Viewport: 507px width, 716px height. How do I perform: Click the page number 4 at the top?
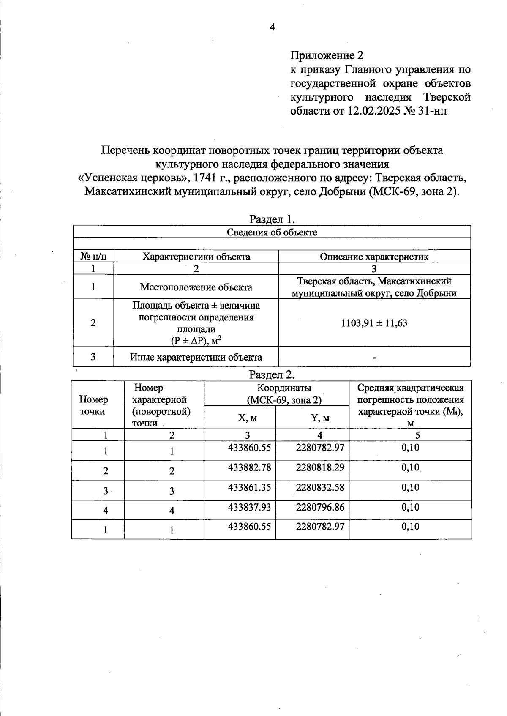[272, 27]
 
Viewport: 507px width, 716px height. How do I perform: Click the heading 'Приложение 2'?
[327, 55]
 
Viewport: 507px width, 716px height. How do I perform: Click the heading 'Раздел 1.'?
[272, 219]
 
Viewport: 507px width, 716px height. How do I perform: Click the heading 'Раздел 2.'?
[272, 374]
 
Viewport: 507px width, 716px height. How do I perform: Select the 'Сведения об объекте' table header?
[272, 232]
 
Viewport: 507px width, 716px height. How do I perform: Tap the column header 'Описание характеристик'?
[374, 257]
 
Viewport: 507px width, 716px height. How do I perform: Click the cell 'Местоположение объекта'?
[196, 287]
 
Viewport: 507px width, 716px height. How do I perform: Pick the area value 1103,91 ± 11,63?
[374, 323]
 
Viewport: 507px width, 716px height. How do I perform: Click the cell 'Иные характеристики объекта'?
[196, 357]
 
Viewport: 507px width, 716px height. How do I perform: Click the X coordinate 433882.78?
[249, 467]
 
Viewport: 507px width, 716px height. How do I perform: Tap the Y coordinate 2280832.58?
[320, 487]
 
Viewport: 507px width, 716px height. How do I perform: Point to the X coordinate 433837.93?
[249, 507]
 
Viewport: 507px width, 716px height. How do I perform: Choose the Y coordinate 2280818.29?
[320, 467]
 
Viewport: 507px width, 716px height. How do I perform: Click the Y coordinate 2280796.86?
[320, 507]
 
